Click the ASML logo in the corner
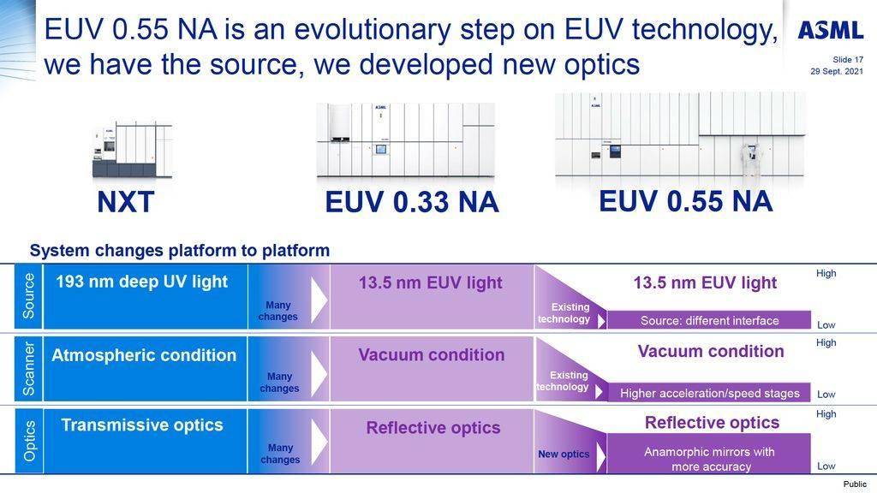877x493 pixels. [830, 30]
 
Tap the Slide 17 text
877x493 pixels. [848, 60]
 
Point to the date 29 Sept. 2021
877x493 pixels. [837, 72]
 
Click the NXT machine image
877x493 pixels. [132, 151]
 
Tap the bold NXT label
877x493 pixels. [125, 202]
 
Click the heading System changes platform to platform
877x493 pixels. [180, 251]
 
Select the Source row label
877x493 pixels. [28, 296]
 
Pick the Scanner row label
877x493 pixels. [28, 368]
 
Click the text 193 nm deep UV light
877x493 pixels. [141, 282]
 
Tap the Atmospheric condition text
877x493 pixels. [144, 355]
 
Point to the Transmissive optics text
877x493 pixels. [142, 425]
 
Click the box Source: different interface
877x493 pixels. [709, 320]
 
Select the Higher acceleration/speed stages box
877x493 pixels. [709, 392]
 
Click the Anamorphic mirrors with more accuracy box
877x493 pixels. [709, 454]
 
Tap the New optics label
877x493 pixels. [564, 454]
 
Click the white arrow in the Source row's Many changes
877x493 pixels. [319, 300]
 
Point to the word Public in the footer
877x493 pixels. [855, 484]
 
